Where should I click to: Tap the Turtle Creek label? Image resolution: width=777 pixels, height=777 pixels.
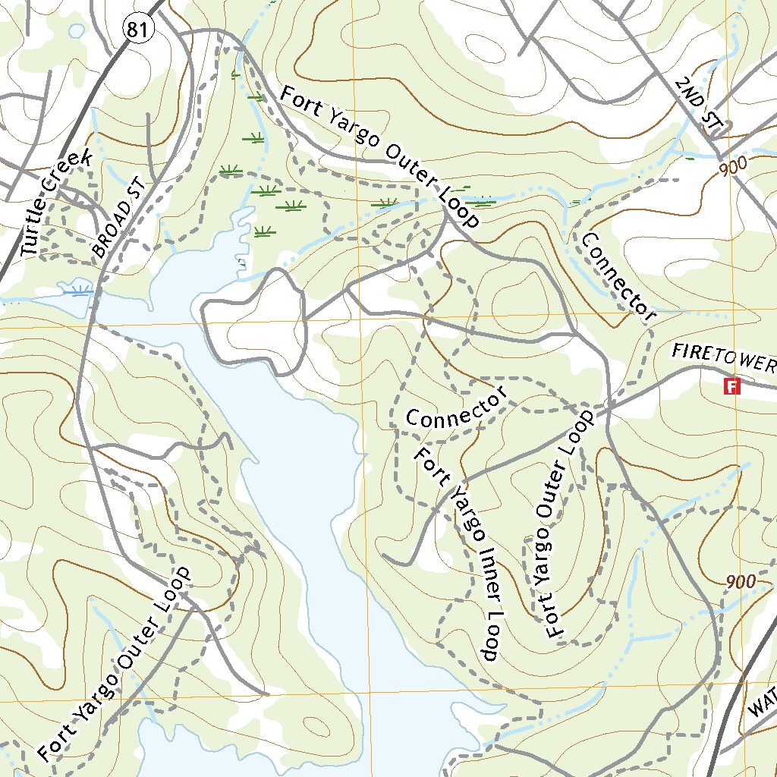tap(56, 202)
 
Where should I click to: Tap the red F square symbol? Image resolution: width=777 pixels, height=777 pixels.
tap(732, 386)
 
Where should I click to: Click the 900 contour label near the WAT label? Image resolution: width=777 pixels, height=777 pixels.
tap(741, 582)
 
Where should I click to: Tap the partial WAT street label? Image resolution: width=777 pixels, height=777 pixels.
tap(763, 702)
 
